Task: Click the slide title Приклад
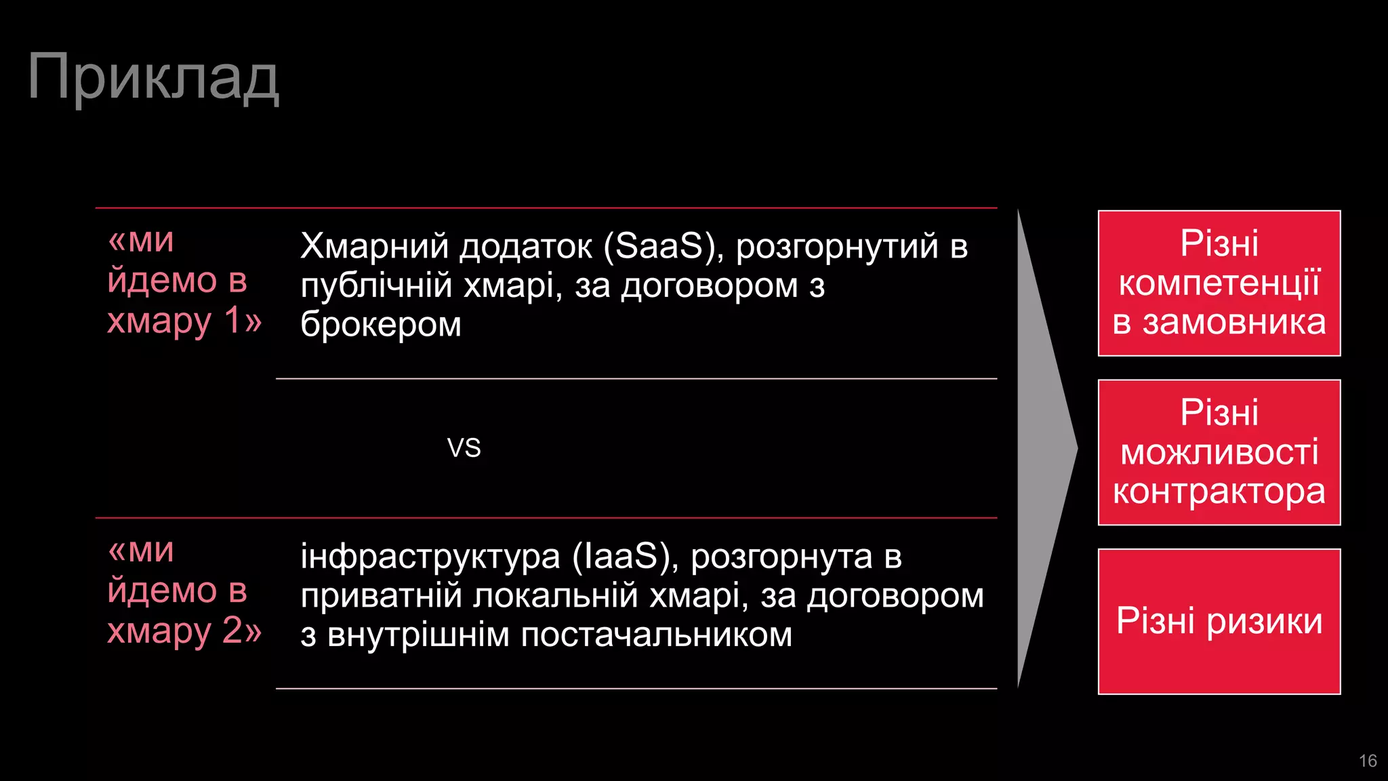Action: pyautogui.click(x=153, y=78)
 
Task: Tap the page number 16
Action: pyautogui.click(x=1368, y=761)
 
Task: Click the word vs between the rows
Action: pyautogui.click(x=464, y=448)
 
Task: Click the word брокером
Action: pyautogui.click(x=381, y=325)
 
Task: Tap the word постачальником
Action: pyautogui.click(x=656, y=635)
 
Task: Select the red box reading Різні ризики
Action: pyautogui.click(x=1219, y=621)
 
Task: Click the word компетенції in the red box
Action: pyautogui.click(x=1219, y=283)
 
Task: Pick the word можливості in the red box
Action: pyautogui.click(x=1219, y=452)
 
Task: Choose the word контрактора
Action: pyautogui.click(x=1219, y=492)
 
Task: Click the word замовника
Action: pyautogui.click(x=1234, y=322)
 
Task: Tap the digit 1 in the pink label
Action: pyautogui.click(x=232, y=320)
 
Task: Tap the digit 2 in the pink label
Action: pyautogui.click(x=232, y=630)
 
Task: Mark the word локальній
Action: pyautogui.click(x=556, y=596)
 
